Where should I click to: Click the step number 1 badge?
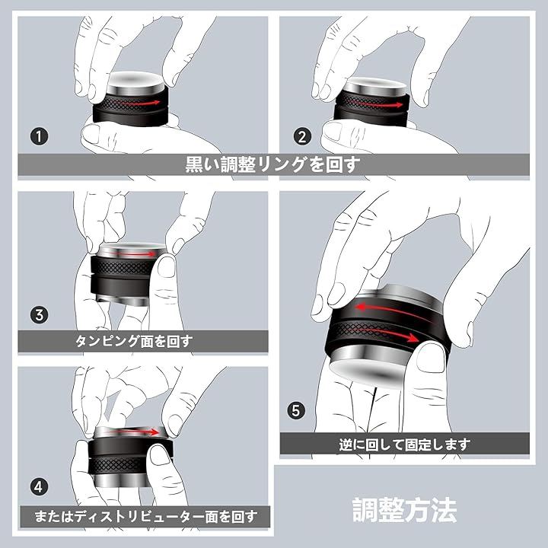(x=39, y=136)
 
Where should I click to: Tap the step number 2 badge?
(x=302, y=136)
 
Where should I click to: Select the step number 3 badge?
(x=39, y=314)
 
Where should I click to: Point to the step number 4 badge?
(x=39, y=486)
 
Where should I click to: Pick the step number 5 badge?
(x=296, y=410)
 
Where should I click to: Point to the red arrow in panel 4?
(x=134, y=432)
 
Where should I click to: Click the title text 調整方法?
(x=404, y=510)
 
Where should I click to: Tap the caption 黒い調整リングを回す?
(x=272, y=164)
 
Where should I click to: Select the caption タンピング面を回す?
(x=134, y=341)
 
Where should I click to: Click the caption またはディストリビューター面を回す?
(x=145, y=517)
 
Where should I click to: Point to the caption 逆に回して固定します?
(x=404, y=444)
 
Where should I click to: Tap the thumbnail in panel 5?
(x=432, y=357)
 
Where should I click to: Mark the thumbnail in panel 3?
(x=167, y=267)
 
